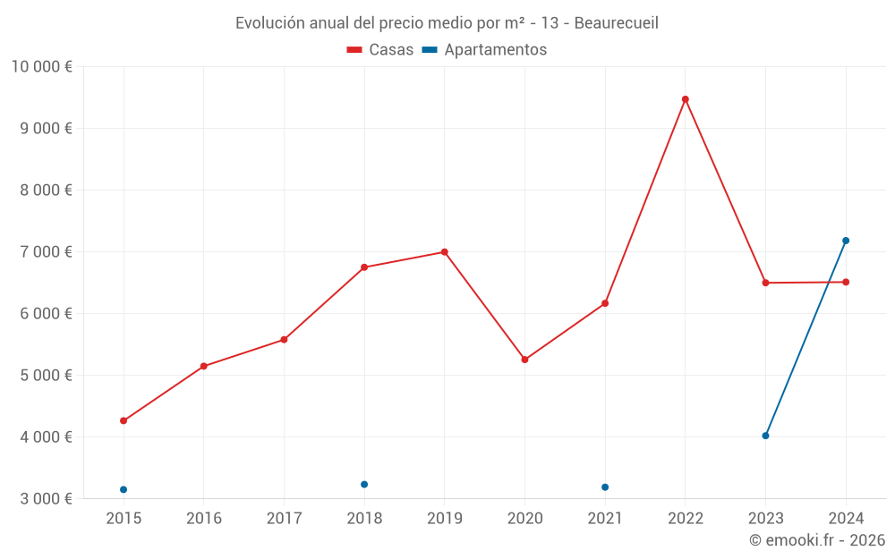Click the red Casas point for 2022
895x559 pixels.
coord(686,99)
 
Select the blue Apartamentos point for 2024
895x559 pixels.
coord(846,241)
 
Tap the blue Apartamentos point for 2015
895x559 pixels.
coord(124,489)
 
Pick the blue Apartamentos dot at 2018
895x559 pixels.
coord(364,484)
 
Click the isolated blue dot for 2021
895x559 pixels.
coord(605,487)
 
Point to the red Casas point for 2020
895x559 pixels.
coord(524,360)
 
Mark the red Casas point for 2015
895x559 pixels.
coord(124,420)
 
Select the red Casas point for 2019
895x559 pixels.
coord(444,252)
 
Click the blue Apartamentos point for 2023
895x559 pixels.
coord(765,436)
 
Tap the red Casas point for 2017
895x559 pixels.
coord(284,340)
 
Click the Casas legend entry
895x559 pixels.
coord(380,50)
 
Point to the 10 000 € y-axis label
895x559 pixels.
coord(41,66)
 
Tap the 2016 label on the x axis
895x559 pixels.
coord(203,519)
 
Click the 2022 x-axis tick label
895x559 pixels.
coord(686,519)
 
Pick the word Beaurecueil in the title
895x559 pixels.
coord(616,22)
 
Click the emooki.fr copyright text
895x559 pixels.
coord(816,540)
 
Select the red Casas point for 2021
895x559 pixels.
coord(605,303)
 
